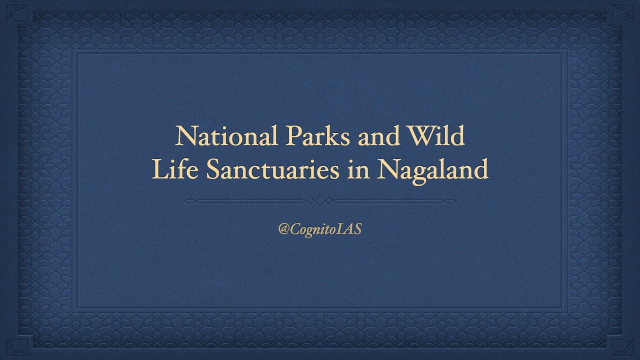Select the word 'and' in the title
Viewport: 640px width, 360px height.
tap(378, 136)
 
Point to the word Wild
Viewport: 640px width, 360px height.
tap(436, 136)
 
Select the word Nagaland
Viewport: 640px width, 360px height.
tap(433, 171)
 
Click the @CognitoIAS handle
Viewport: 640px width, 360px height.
tap(320, 230)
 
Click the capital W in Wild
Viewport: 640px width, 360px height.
tap(422, 136)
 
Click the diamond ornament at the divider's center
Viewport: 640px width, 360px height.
tap(320, 201)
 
